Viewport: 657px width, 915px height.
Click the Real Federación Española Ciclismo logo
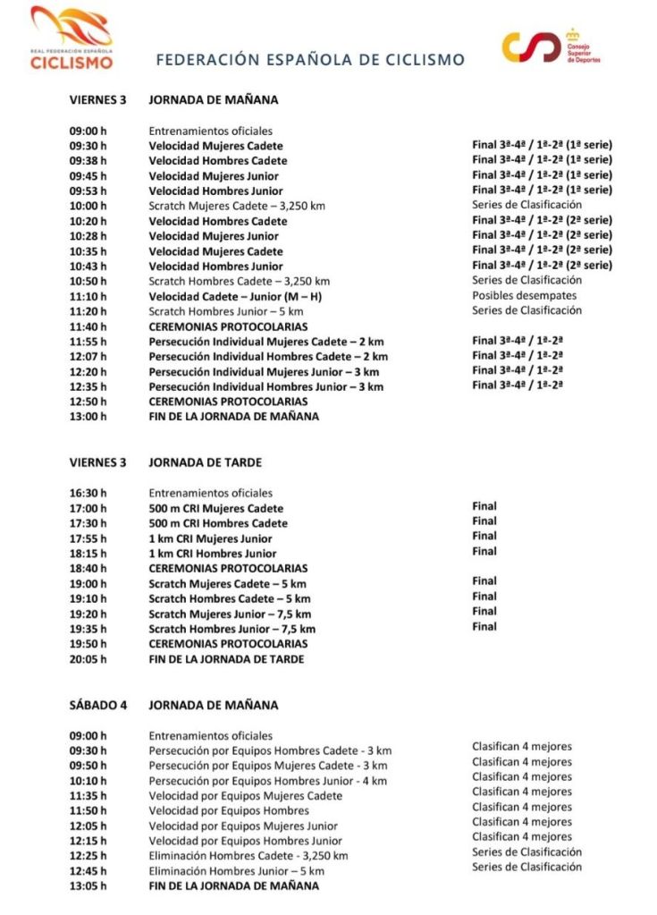click(72, 38)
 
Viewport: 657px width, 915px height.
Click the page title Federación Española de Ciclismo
click(310, 60)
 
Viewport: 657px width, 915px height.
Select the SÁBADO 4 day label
click(98, 705)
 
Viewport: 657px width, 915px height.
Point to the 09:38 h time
click(88, 161)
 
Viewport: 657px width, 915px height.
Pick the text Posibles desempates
click(524, 296)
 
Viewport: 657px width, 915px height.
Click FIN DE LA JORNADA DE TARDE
click(226, 659)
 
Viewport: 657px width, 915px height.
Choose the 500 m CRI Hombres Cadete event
click(218, 523)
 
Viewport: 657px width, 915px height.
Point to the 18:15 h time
click(88, 554)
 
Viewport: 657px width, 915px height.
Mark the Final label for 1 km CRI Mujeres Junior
click(484, 537)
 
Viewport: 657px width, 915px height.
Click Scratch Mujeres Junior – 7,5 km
click(230, 614)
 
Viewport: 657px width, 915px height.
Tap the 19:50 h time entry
click(88, 644)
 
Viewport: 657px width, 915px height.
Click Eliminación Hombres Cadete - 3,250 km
click(248, 856)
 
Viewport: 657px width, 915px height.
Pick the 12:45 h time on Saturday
click(88, 871)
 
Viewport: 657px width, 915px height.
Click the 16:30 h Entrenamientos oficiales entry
click(210, 493)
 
